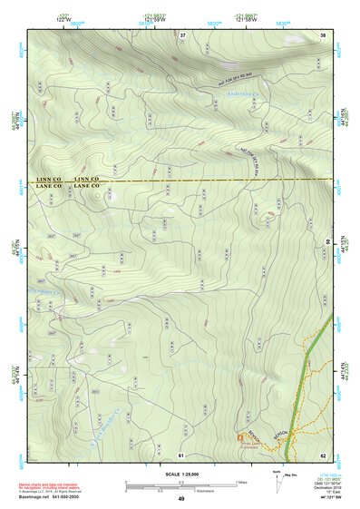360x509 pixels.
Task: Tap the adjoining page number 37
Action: [x=182, y=34]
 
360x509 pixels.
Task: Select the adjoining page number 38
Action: [x=323, y=34]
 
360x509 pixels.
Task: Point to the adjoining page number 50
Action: [x=327, y=242]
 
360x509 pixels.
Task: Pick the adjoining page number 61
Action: [x=181, y=455]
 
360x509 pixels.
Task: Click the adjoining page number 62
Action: [x=323, y=455]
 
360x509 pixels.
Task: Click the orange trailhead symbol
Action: [x=240, y=437]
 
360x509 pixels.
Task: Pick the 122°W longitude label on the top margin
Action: [x=63, y=18]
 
